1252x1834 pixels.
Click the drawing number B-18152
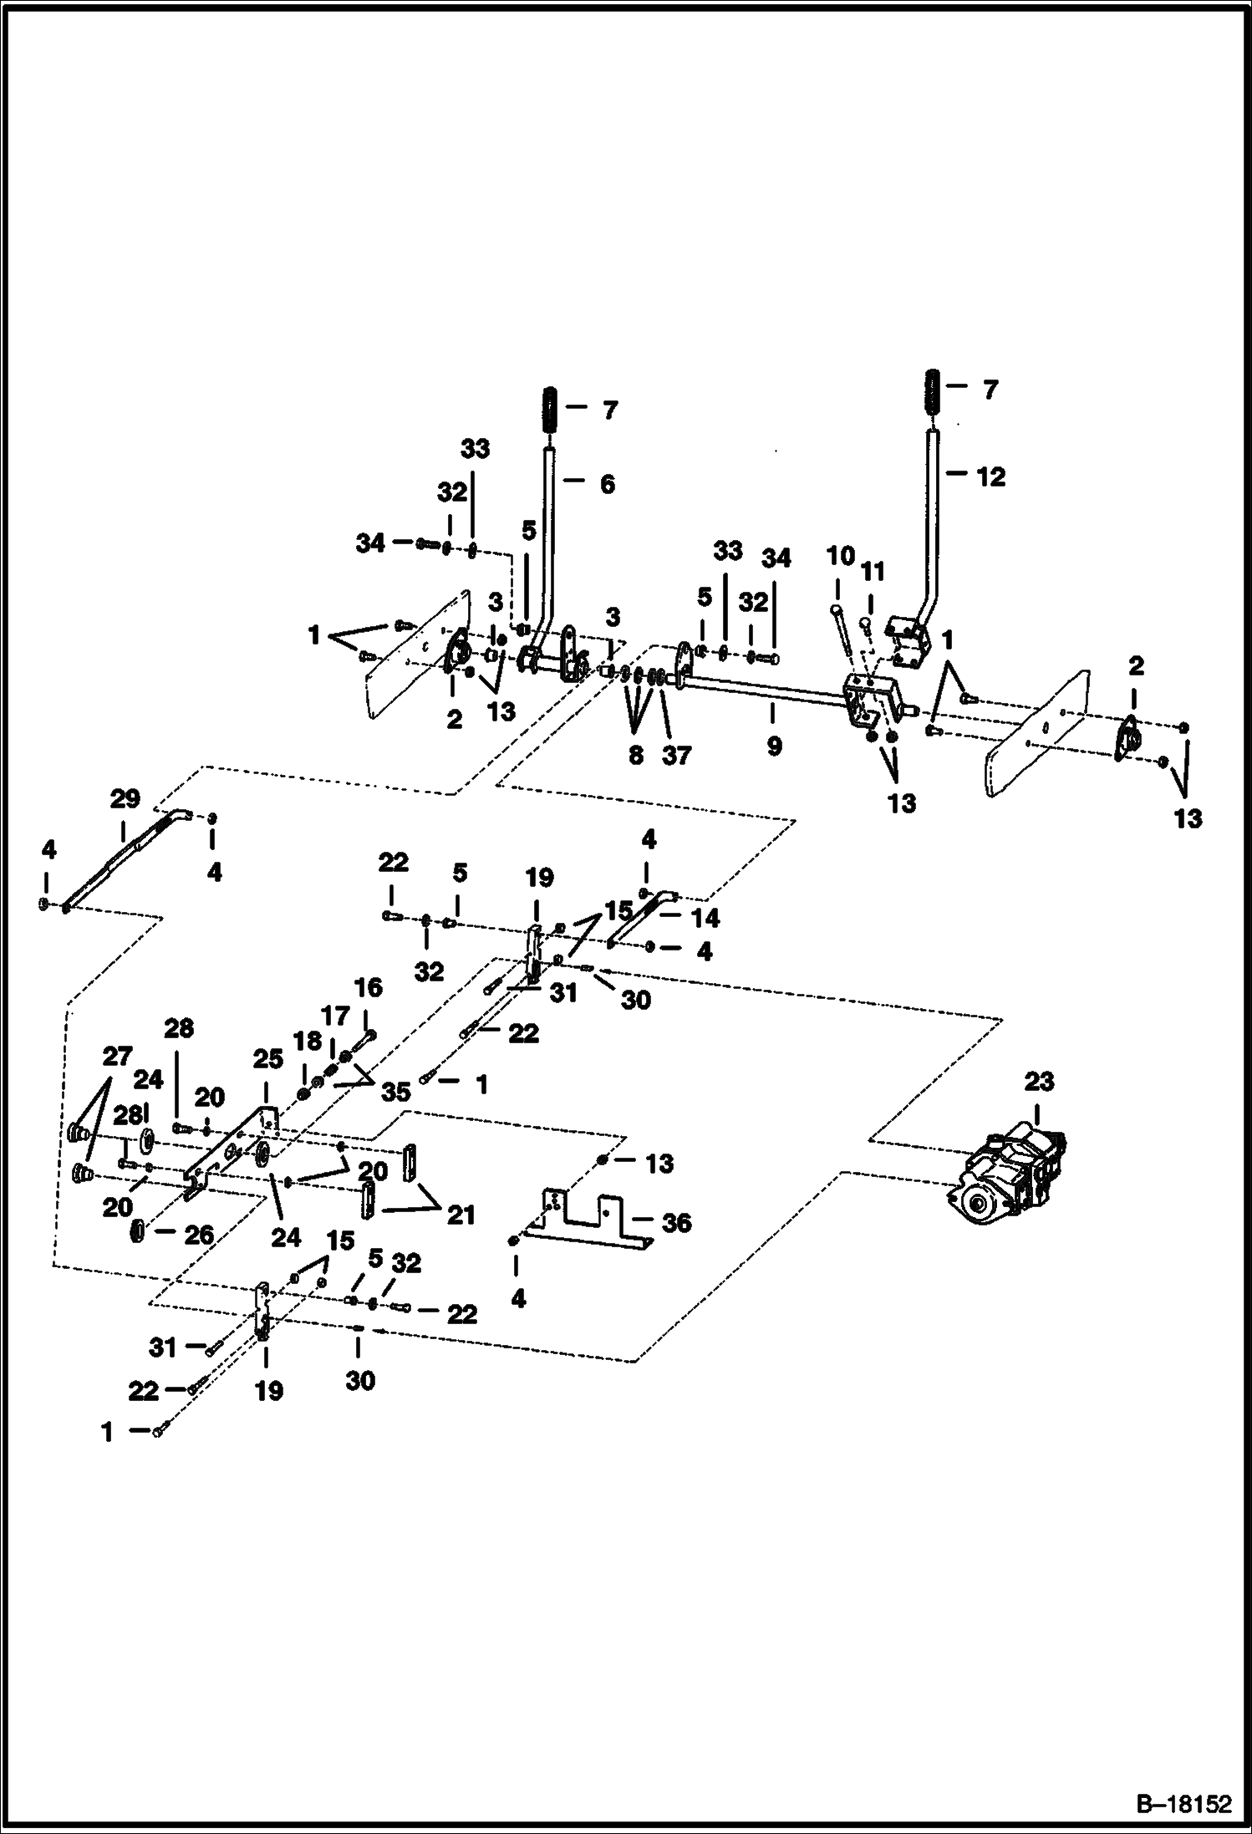[x=1183, y=1804]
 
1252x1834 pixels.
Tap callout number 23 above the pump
[x=1039, y=1083]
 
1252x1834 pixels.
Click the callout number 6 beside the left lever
[x=608, y=484]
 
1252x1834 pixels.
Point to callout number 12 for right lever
[x=990, y=477]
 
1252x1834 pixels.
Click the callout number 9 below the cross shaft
[x=774, y=746]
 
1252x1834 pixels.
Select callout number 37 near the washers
[x=676, y=755]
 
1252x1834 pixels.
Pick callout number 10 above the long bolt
[x=841, y=556]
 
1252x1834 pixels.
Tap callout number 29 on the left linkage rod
[x=125, y=799]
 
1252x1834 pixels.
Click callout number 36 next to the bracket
[x=676, y=1223]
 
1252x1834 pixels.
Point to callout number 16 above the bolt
[x=368, y=988]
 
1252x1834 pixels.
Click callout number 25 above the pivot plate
[x=267, y=1059]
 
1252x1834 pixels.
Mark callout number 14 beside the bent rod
[x=705, y=918]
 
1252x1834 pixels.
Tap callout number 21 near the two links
[x=461, y=1214]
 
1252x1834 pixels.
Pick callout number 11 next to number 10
[x=873, y=572]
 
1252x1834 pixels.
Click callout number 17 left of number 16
[x=335, y=1016]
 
